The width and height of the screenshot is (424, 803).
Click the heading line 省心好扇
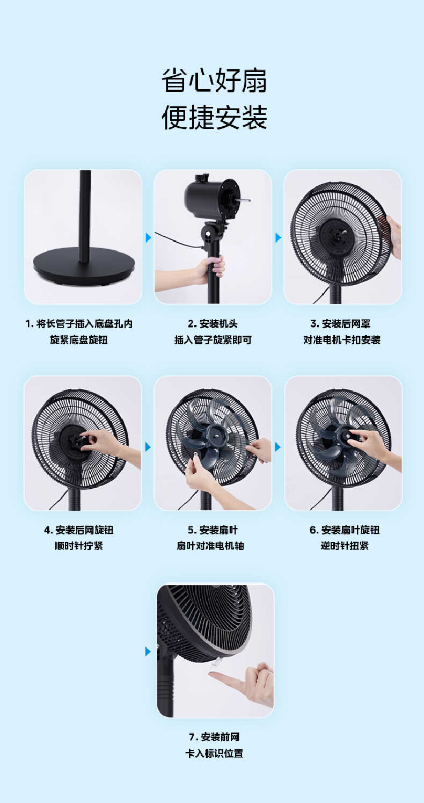pyautogui.click(x=214, y=81)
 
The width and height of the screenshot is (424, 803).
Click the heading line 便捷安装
pyautogui.click(x=214, y=118)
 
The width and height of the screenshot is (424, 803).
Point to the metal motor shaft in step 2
pyautogui.click(x=243, y=200)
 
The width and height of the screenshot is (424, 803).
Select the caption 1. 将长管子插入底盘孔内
pyautogui.click(x=79, y=324)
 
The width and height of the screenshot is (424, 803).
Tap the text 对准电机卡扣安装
pyautogui.click(x=342, y=340)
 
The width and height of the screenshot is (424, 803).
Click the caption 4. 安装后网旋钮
pyautogui.click(x=79, y=530)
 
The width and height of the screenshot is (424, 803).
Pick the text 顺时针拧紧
pyautogui.click(x=79, y=546)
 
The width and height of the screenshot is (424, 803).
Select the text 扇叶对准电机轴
pyautogui.click(x=210, y=546)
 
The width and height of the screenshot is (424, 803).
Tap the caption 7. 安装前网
pyautogui.click(x=214, y=737)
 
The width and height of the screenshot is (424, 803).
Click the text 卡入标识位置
pyautogui.click(x=214, y=754)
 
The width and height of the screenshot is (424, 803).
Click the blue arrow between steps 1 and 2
pyautogui.click(x=149, y=237)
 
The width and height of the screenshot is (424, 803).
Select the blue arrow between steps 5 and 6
pyautogui.click(x=278, y=447)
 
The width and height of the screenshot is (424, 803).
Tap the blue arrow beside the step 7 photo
pyautogui.click(x=148, y=652)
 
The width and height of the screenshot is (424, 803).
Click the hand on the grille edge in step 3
pyautogui.click(x=394, y=235)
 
